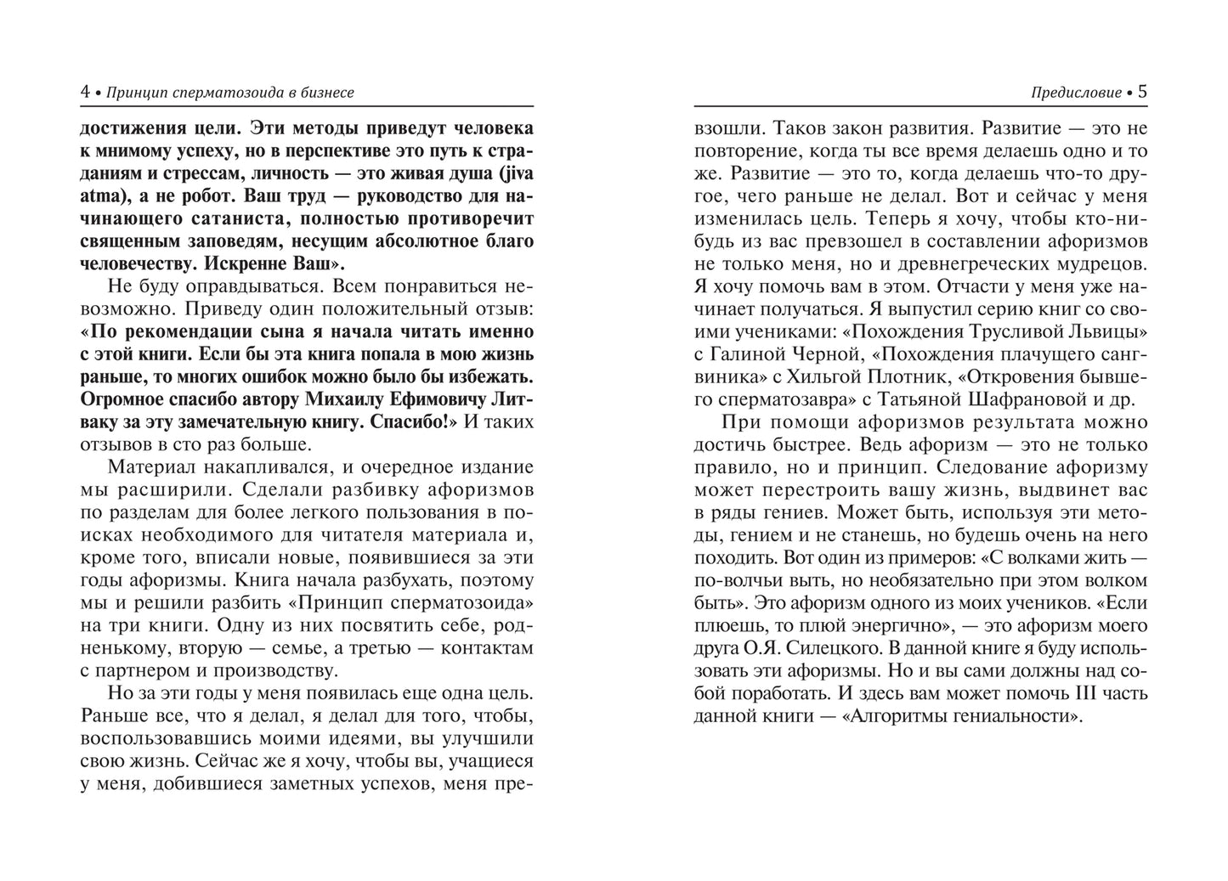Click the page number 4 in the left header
[x=85, y=92]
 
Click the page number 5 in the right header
[x=1142, y=92]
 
